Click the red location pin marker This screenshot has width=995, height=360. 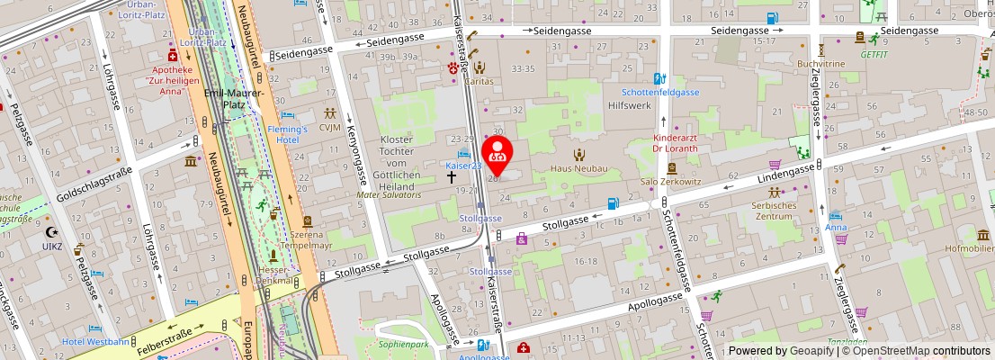497,152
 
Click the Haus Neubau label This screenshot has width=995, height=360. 579,168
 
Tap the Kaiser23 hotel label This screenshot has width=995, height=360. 465,166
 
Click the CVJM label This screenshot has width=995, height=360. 330,127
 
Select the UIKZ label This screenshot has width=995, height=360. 53,245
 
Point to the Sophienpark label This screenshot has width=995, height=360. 403,344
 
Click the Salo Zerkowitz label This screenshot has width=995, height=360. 671,182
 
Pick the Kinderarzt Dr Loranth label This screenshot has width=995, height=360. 681,143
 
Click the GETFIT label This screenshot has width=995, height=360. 874,53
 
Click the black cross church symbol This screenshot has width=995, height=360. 453,177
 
